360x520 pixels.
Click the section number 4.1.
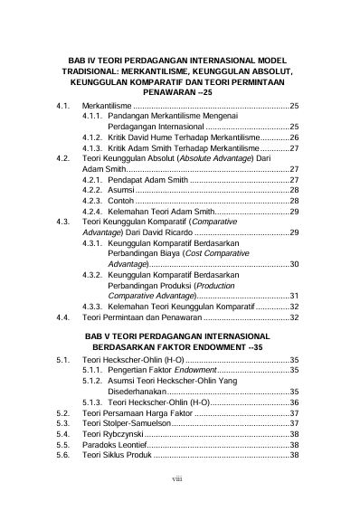[62, 106]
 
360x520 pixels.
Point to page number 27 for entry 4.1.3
[294, 147]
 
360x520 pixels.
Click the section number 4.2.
[62, 158]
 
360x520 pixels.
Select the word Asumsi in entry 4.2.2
[121, 190]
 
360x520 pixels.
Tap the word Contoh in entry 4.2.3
[122, 201]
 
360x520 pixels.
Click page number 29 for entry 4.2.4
[294, 211]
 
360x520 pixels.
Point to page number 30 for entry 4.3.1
[294, 264]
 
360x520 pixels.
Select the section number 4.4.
[62, 317]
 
